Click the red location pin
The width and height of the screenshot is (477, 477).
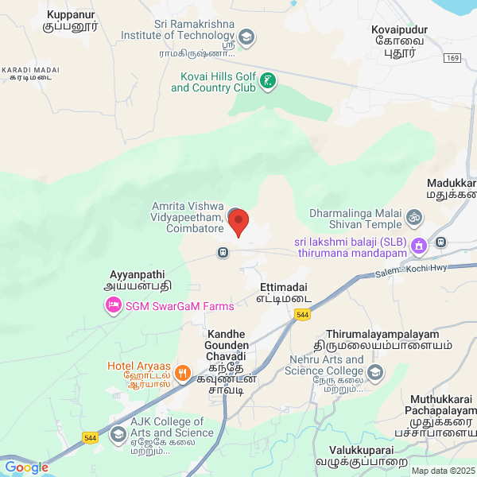(x=238, y=223)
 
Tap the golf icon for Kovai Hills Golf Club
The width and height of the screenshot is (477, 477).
(x=270, y=80)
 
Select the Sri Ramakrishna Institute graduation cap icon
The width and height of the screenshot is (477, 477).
(x=247, y=37)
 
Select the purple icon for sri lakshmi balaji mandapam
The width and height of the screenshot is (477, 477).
(x=419, y=247)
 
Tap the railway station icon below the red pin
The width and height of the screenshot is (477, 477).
(x=223, y=253)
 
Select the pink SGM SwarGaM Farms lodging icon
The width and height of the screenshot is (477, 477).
(x=114, y=305)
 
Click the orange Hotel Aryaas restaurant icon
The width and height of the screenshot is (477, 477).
(x=183, y=372)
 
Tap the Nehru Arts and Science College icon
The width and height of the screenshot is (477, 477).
(x=374, y=371)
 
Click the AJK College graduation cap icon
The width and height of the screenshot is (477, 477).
(x=118, y=433)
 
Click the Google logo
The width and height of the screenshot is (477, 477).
(x=26, y=467)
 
